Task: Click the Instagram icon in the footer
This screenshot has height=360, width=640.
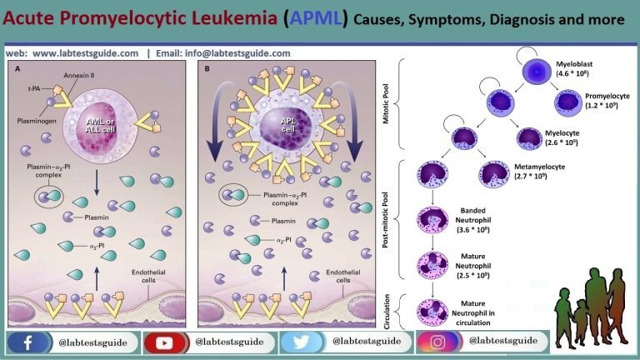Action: [439, 342]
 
